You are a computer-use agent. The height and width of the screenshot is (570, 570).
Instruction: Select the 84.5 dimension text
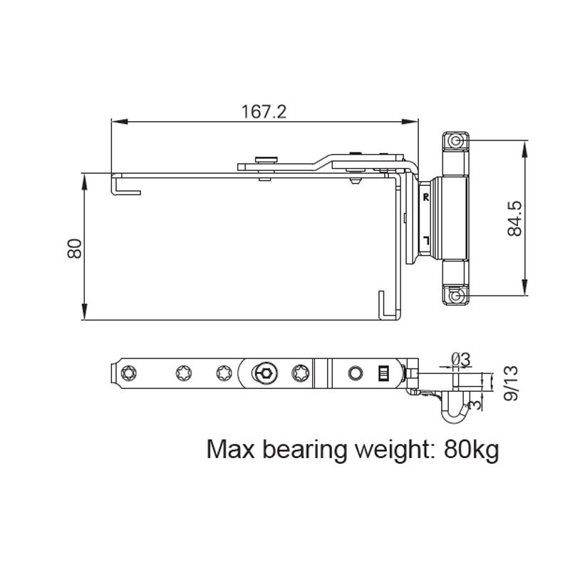point(515,217)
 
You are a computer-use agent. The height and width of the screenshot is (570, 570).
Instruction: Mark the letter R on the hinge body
point(425,197)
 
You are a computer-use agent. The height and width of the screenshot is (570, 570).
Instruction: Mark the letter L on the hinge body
point(425,239)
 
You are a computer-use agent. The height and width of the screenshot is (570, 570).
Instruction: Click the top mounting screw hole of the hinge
point(455,142)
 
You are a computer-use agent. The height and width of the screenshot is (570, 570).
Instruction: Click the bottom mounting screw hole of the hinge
point(455,294)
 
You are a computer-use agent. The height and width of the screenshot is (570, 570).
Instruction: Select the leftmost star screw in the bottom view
point(128,372)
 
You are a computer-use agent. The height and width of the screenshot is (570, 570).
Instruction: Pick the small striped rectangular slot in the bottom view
point(383,373)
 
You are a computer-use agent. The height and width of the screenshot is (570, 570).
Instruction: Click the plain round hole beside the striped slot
point(355,373)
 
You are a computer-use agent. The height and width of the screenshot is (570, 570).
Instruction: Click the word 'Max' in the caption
point(231,450)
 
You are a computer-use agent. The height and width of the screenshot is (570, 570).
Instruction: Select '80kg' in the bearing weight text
point(470,450)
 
